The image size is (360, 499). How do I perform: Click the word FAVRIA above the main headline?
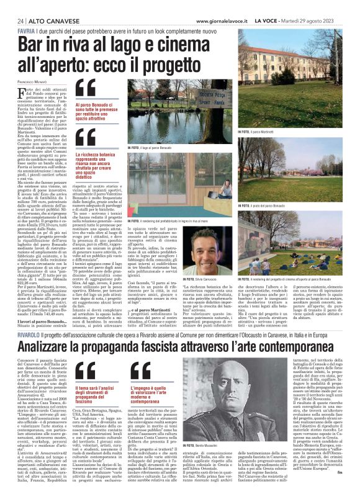click(27, 31)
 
